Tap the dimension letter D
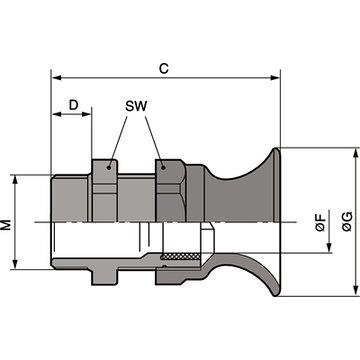(72, 103)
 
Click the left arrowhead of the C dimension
(54, 77)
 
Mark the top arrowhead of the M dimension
(16, 179)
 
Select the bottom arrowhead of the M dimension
(16, 266)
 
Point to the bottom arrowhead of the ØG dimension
(353, 292)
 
